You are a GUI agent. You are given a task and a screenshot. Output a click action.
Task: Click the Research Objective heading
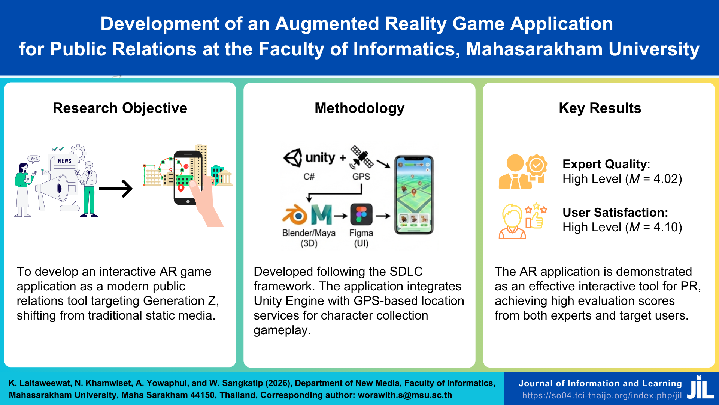[x=120, y=108]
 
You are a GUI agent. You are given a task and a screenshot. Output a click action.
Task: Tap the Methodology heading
[x=359, y=108]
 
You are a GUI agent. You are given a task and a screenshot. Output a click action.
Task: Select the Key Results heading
[x=600, y=108]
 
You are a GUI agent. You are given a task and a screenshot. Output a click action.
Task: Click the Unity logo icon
[x=293, y=158]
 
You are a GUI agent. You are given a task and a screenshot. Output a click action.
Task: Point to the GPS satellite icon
[x=362, y=157]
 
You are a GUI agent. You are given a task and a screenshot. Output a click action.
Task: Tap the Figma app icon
[x=361, y=215]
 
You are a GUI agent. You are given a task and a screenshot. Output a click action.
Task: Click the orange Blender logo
[x=295, y=215]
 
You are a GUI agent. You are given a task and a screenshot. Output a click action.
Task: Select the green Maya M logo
[x=322, y=215]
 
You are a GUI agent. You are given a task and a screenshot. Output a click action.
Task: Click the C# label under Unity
[x=309, y=177]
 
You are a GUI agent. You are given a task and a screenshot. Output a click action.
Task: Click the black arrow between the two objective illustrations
[x=116, y=189]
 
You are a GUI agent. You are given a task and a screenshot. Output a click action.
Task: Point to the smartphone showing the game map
[x=414, y=195]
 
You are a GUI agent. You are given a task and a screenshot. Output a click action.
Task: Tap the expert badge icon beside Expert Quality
[x=537, y=165]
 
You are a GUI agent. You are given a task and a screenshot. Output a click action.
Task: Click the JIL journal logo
[x=700, y=388]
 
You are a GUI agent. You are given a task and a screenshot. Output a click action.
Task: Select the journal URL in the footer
[x=602, y=396]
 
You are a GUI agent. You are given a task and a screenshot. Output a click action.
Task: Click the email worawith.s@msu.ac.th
[x=405, y=395]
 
